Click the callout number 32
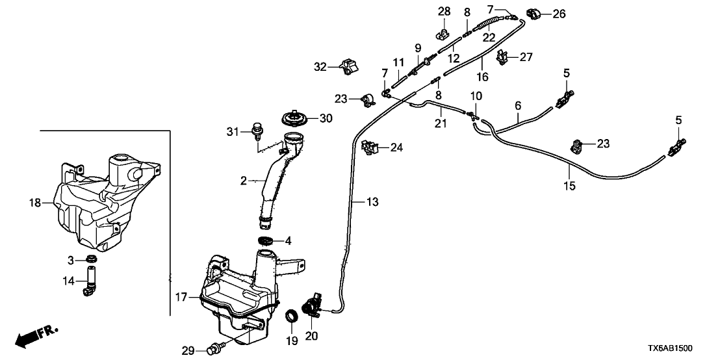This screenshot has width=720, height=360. click(x=320, y=66)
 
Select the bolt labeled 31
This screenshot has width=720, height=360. click(x=256, y=133)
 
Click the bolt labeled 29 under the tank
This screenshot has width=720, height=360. click(x=212, y=351)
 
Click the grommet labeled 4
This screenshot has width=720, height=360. click(x=266, y=242)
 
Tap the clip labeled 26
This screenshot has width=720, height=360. click(x=534, y=12)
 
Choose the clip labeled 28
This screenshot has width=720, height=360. click(x=444, y=29)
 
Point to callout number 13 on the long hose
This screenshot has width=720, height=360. click(x=371, y=203)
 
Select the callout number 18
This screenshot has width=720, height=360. click(x=36, y=203)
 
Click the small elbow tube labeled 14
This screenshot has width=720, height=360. click(x=89, y=285)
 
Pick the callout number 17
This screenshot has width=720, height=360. click(x=181, y=297)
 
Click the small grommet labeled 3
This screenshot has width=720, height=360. click(x=92, y=261)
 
